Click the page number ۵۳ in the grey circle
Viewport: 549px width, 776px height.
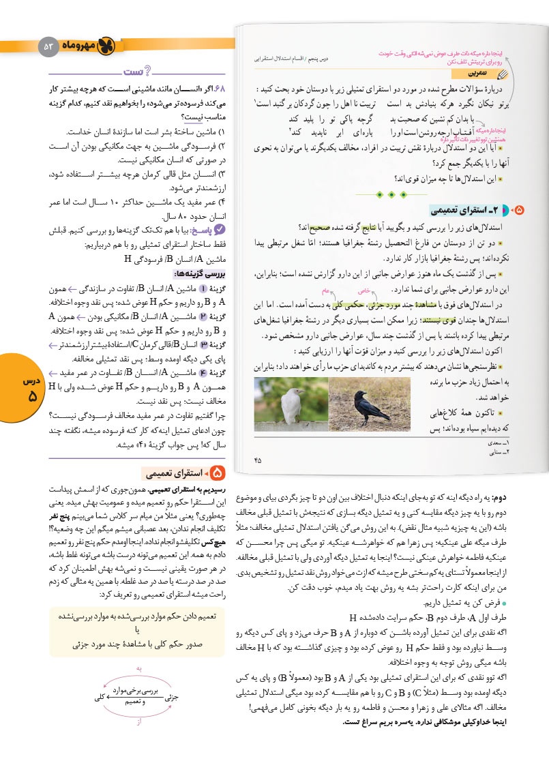click(x=48, y=46)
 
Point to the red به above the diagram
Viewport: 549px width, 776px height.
click(x=139, y=670)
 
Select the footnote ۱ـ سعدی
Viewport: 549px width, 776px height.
click(x=522, y=444)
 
